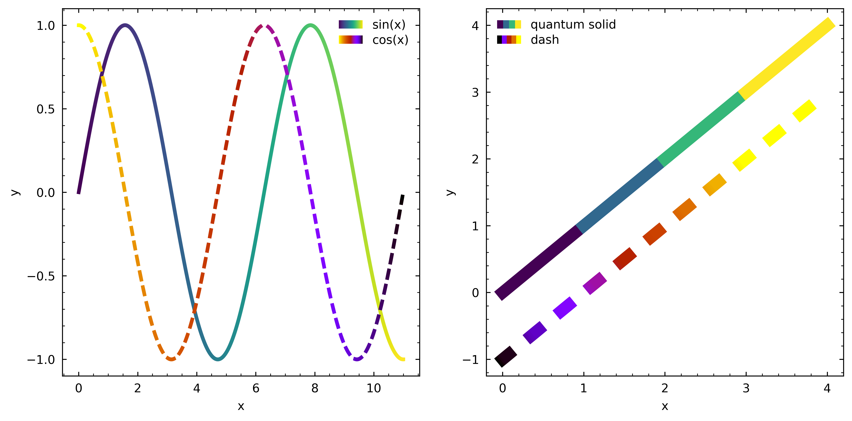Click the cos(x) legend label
(x=390, y=40)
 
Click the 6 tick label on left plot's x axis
(x=256, y=388)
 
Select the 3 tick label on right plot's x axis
(x=746, y=388)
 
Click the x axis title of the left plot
(x=241, y=406)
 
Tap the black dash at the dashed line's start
(x=505, y=357)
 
